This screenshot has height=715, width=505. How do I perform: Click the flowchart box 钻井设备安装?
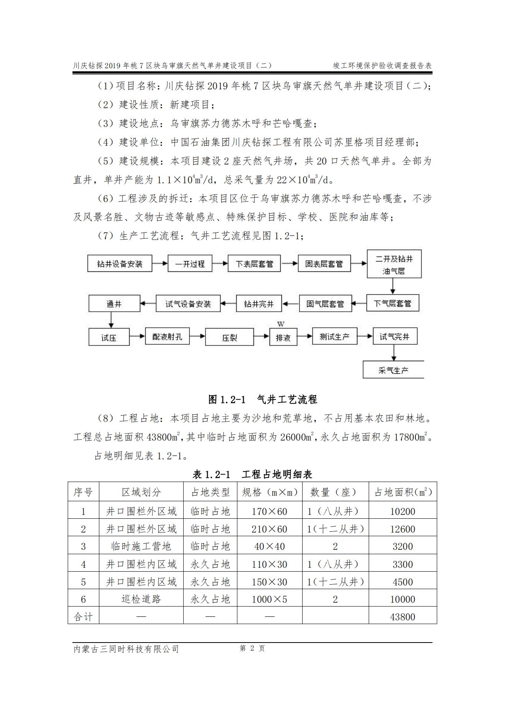(x=120, y=264)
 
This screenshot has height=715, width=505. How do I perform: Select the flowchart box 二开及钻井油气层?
(x=394, y=265)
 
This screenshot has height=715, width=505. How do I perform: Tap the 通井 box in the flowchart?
(x=114, y=304)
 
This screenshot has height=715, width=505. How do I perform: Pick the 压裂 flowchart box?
(x=229, y=338)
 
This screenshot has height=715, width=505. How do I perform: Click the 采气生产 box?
(x=393, y=370)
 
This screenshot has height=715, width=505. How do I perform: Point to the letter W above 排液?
(x=281, y=324)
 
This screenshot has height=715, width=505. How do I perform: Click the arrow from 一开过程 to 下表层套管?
(x=220, y=263)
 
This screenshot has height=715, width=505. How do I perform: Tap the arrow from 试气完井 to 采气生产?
(x=393, y=352)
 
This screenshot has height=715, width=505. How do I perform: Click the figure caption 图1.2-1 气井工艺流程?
(x=263, y=399)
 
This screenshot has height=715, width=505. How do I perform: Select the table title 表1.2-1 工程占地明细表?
(x=252, y=474)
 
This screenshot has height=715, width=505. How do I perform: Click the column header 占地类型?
(x=210, y=492)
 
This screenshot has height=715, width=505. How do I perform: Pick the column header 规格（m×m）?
(x=270, y=492)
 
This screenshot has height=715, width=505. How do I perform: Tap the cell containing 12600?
(x=403, y=529)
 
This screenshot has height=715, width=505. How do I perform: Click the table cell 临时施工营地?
(x=141, y=546)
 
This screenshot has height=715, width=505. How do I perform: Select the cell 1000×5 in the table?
(x=269, y=599)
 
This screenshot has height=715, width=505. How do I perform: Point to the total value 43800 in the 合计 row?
(x=403, y=617)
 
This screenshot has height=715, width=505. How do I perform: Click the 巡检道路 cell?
(x=141, y=599)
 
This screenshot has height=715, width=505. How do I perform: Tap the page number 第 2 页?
(x=252, y=648)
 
